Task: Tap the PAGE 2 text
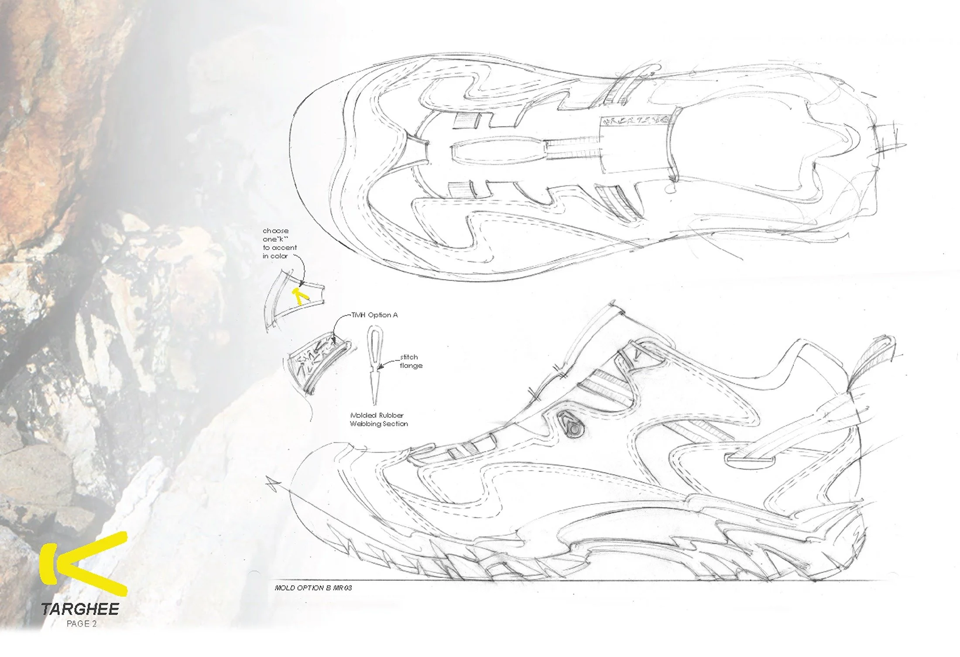point(82,624)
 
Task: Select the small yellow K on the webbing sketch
point(301,295)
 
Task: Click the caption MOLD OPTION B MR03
point(313,588)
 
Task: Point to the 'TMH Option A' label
point(374,315)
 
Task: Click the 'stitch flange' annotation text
point(411,361)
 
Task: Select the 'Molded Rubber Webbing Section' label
point(379,419)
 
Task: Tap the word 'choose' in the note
point(275,231)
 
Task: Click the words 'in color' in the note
point(275,256)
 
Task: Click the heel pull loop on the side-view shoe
point(868,358)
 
